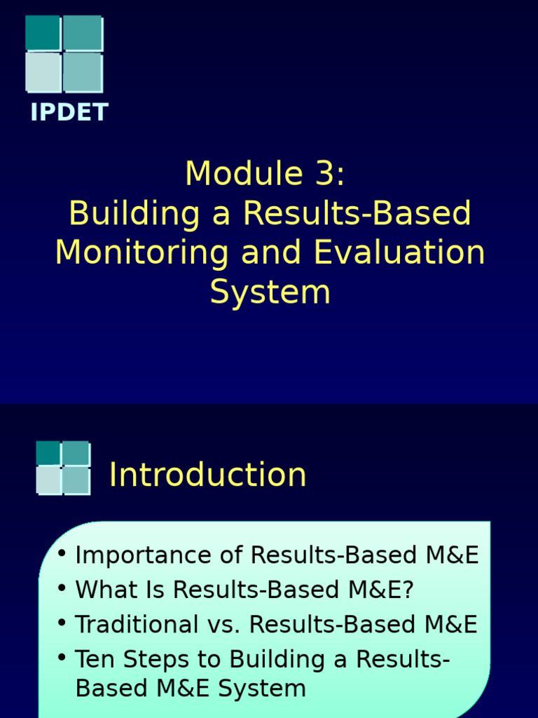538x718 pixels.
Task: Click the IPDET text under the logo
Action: tap(69, 112)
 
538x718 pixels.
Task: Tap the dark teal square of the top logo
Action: tap(43, 32)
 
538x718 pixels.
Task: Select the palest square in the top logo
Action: tap(43, 72)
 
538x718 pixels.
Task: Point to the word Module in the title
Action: tap(244, 173)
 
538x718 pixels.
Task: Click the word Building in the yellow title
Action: tap(134, 213)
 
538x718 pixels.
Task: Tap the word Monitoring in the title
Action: tap(142, 252)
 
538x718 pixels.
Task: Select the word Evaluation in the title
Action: tap(399, 252)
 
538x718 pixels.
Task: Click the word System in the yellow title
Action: tap(270, 292)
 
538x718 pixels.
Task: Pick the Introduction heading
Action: tap(207, 475)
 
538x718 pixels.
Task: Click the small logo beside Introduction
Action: tap(63, 468)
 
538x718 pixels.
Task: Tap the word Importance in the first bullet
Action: tap(143, 555)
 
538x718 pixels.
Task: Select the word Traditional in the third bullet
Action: tap(137, 624)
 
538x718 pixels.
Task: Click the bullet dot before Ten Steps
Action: tap(62, 658)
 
